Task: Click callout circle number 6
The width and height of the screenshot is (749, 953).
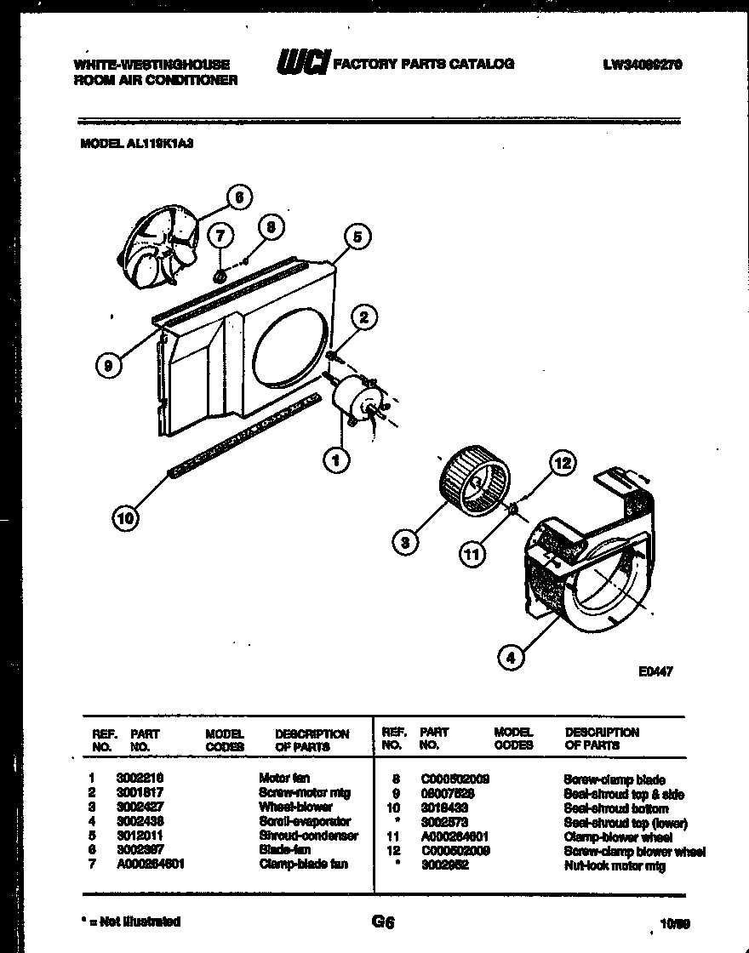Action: pos(239,197)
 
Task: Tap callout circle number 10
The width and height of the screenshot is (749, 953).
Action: pos(126,518)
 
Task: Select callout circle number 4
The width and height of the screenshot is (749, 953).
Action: pos(511,657)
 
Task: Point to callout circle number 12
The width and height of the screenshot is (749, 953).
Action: pos(563,463)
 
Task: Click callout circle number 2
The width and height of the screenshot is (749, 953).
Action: pos(364,318)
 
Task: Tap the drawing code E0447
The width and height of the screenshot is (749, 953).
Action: pos(656,671)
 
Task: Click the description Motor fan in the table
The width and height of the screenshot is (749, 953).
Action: pos(284,778)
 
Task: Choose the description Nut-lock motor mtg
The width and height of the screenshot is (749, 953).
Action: pos(614,866)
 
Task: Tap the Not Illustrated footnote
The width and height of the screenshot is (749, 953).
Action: pos(129,921)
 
